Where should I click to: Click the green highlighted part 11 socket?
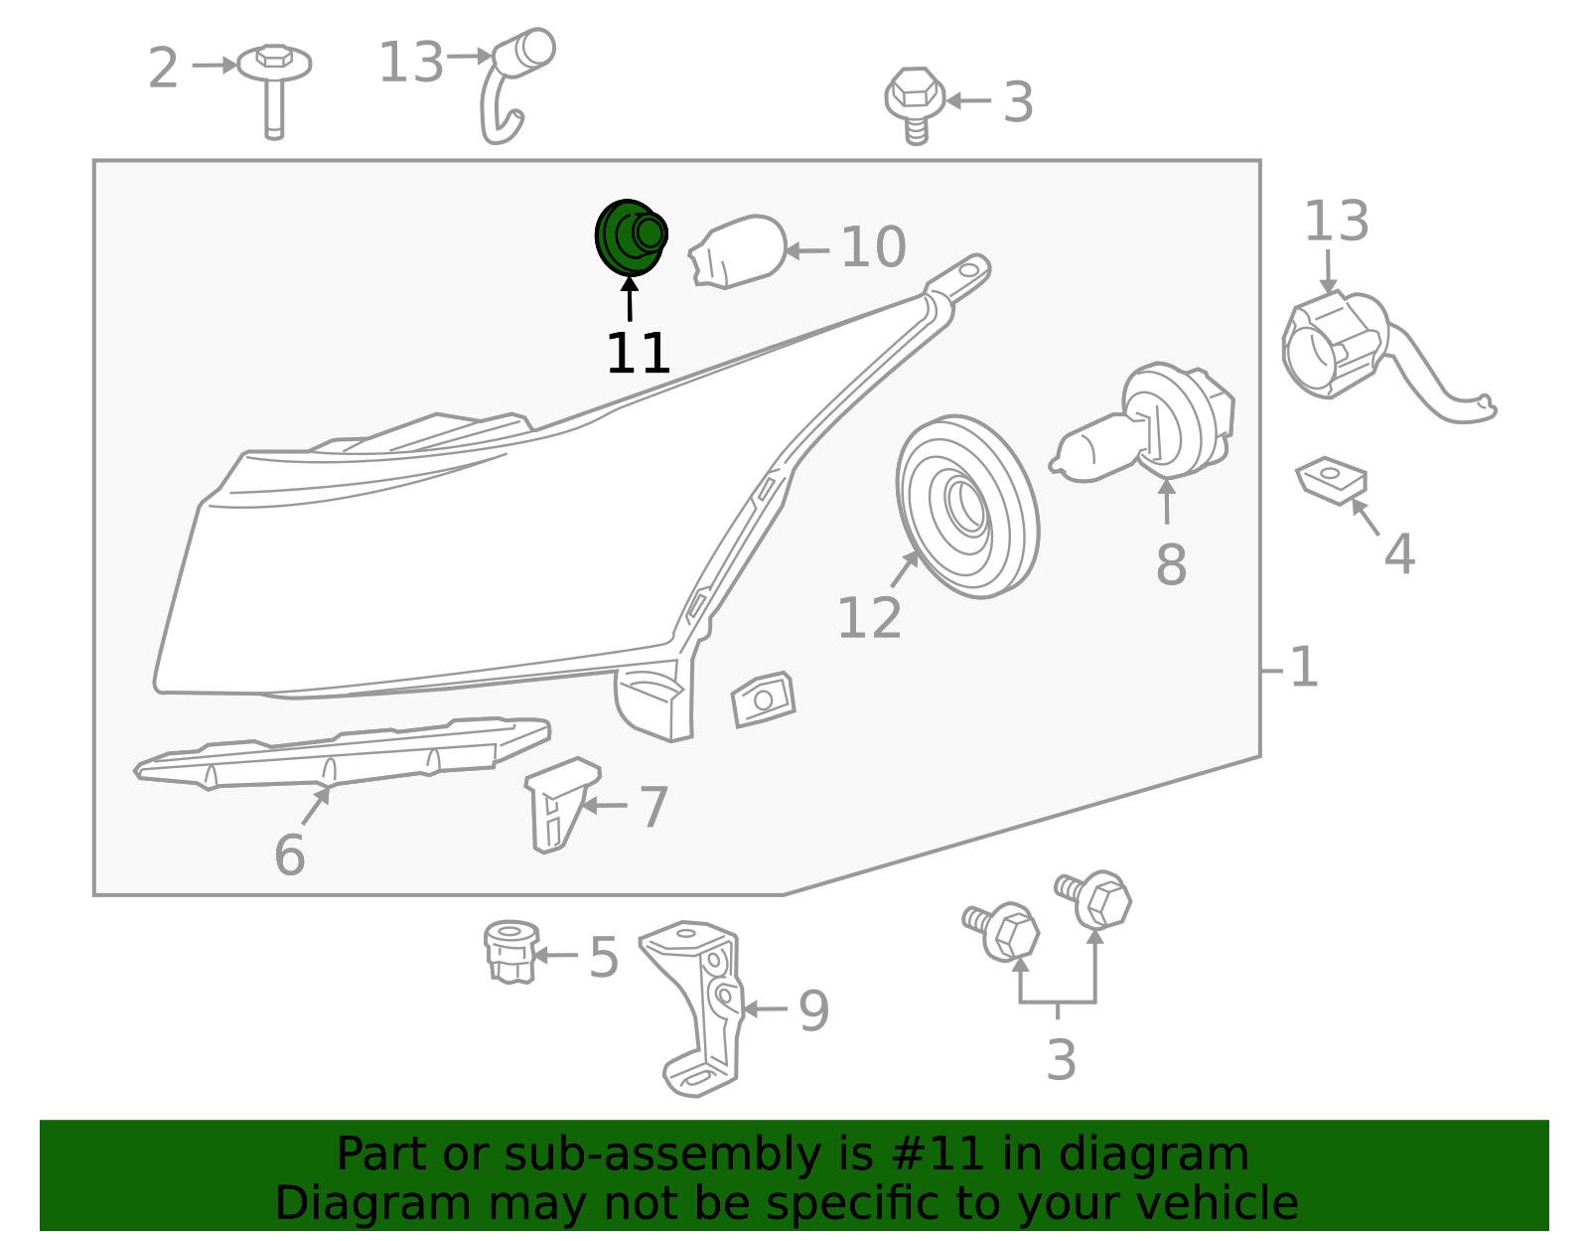tap(631, 236)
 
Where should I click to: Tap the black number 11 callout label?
tap(638, 353)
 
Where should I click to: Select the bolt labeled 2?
tap(274, 90)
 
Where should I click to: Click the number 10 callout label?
tap(873, 247)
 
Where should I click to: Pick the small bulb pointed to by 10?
tap(737, 250)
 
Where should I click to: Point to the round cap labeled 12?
tap(967, 507)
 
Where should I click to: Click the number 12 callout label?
tap(869, 619)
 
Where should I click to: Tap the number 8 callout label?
tap(1171, 564)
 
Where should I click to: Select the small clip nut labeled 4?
tap(1332, 481)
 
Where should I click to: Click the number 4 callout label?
tap(1399, 554)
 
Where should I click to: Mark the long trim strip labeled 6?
tap(342, 754)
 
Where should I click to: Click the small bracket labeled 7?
tap(561, 805)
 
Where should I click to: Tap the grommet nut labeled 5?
tap(511, 952)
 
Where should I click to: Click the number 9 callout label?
tap(814, 1010)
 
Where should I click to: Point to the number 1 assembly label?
tap(1304, 667)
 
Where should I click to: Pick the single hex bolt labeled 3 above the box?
tap(914, 105)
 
